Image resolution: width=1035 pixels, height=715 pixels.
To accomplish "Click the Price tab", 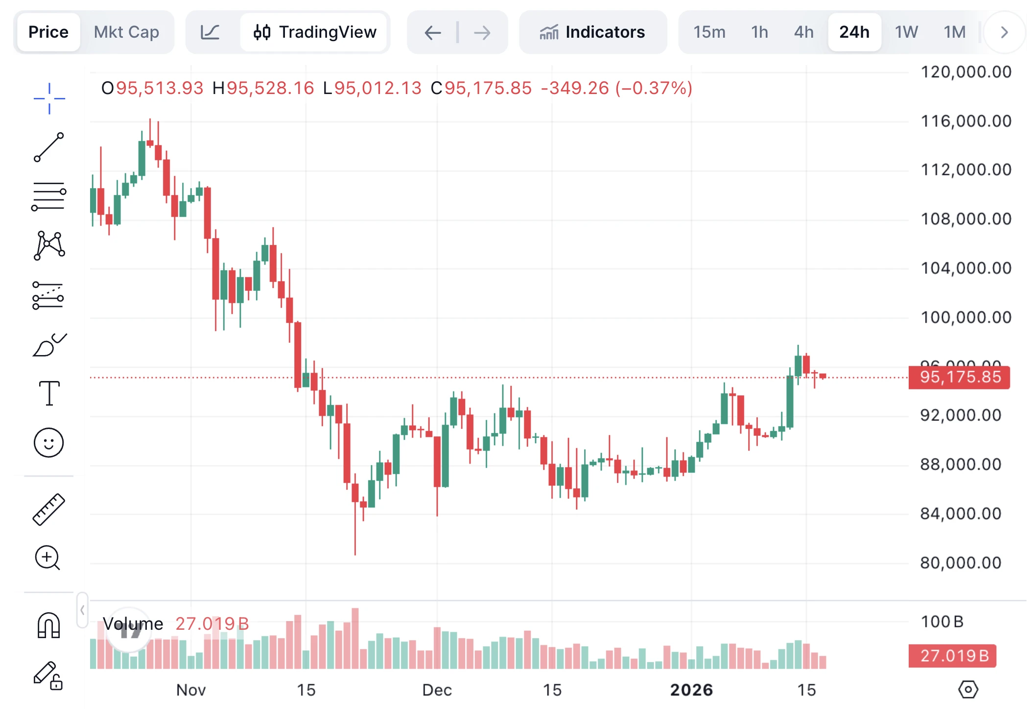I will tap(48, 32).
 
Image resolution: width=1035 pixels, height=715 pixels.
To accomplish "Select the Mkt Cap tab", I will tap(126, 32).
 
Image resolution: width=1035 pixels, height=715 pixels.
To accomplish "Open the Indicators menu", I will tap(592, 32).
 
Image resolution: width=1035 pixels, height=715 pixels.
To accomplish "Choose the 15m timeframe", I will tap(709, 32).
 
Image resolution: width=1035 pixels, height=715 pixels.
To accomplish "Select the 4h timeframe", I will tap(803, 32).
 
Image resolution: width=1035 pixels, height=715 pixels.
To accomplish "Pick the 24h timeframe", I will tap(854, 32).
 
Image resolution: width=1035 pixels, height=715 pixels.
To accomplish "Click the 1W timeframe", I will tap(906, 32).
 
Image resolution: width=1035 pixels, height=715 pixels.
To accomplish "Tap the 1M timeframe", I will tap(954, 32).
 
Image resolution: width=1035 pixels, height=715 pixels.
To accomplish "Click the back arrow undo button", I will tap(433, 33).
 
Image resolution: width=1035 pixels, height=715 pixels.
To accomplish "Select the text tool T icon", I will tap(49, 393).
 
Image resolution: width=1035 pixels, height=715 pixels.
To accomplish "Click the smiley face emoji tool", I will tap(49, 443).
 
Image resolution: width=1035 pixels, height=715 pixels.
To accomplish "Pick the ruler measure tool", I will tap(49, 509).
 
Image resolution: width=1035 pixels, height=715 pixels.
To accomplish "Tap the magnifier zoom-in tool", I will tap(48, 558).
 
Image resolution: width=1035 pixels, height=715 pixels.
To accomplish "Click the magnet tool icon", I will tap(49, 625).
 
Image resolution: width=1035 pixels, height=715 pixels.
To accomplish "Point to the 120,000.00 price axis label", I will tap(965, 72).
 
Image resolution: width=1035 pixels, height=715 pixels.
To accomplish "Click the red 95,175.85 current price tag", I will tap(960, 377).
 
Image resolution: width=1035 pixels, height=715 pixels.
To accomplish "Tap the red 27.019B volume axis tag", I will tap(953, 655).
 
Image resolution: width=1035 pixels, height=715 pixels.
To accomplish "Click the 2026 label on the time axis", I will tap(691, 690).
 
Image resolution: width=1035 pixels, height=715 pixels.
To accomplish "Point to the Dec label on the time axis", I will tap(437, 690).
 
